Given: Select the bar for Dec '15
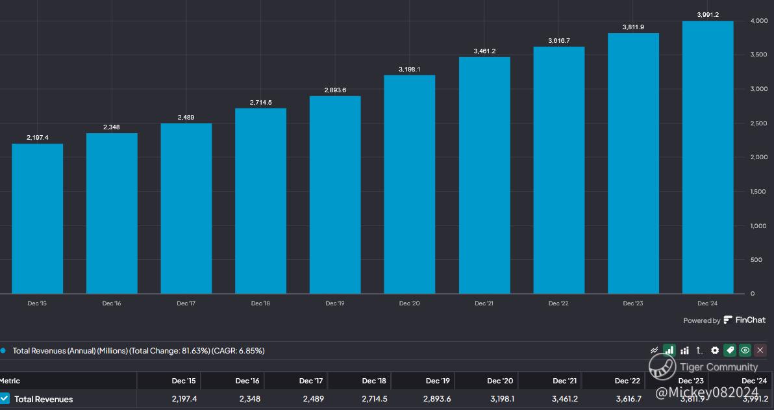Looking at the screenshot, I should pos(38,218).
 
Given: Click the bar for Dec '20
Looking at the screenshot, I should pos(409,185).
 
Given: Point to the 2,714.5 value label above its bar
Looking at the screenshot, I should pos(260,103).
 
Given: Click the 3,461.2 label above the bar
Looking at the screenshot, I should pos(484,51).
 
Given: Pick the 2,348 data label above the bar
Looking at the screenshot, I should pos(112,127).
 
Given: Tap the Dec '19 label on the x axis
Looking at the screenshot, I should pos(335,303).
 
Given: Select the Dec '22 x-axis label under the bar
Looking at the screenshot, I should pos(558,303).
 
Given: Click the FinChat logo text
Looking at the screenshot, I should pos(745,320).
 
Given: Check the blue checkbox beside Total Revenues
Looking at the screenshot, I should pos(5,398).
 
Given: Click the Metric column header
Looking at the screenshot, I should pos(10,381).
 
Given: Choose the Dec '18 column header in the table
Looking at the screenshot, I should pos(374,381).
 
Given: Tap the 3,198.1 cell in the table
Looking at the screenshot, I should pos(501,399).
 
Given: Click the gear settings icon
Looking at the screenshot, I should pos(715,350).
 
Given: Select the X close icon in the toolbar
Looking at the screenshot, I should pos(760,350).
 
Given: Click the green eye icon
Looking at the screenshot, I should pos(745,350).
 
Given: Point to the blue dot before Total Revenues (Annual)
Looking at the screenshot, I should pos(3,350).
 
